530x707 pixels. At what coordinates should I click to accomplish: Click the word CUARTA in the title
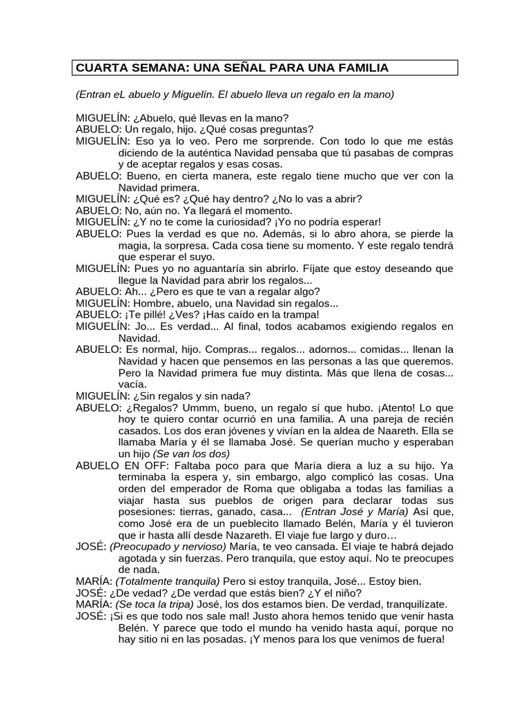point(97,68)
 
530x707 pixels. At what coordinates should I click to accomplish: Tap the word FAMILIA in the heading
point(359,68)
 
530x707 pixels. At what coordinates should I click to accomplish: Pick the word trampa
point(297,314)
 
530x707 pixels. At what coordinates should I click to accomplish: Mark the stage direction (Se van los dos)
point(191,454)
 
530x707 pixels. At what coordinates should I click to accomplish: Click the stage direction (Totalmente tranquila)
point(168,581)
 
